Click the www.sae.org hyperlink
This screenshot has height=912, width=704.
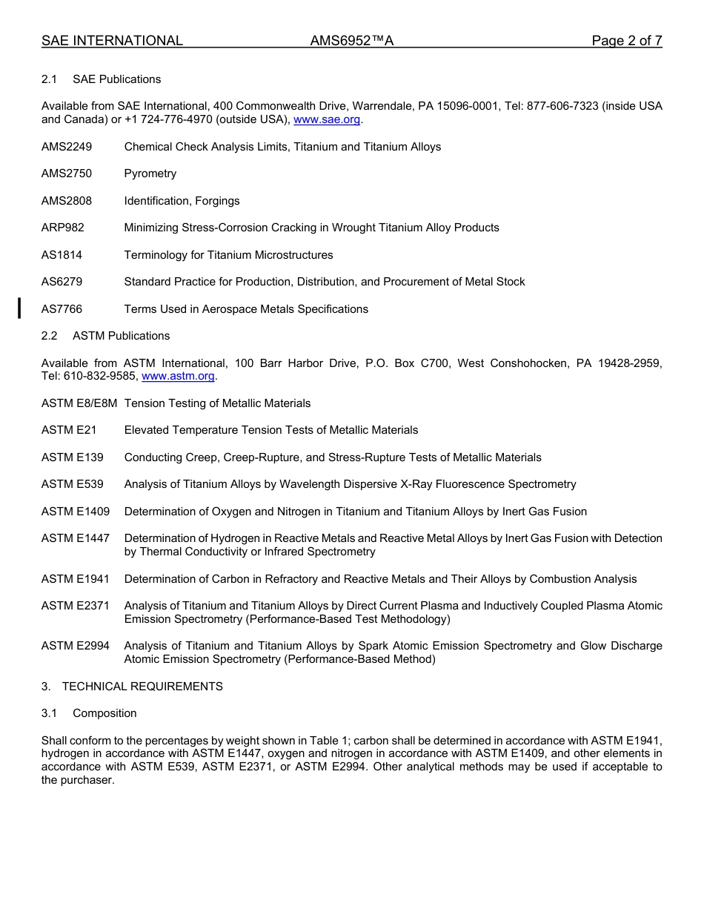point(327,119)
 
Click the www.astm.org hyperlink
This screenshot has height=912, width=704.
point(178,376)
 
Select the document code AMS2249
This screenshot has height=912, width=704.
point(67,147)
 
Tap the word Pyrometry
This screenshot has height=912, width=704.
point(150,174)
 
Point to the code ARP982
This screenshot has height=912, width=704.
point(63,228)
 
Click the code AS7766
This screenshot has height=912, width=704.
point(62,309)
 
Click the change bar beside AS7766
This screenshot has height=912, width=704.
point(19,307)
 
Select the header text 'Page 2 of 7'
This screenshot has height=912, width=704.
point(626,41)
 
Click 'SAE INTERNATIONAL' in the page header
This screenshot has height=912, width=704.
point(112,41)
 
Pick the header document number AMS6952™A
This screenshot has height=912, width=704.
point(352,41)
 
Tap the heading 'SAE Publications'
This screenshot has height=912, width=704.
point(116,79)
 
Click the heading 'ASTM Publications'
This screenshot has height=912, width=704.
point(121,336)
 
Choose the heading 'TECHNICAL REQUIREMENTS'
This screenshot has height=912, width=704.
point(142,687)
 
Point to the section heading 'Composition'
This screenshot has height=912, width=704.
point(104,713)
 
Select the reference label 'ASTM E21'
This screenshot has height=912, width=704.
point(69,430)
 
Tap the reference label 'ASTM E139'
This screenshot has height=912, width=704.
point(73,457)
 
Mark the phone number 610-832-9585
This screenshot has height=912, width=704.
point(101,376)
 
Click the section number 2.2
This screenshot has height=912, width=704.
point(49,336)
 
